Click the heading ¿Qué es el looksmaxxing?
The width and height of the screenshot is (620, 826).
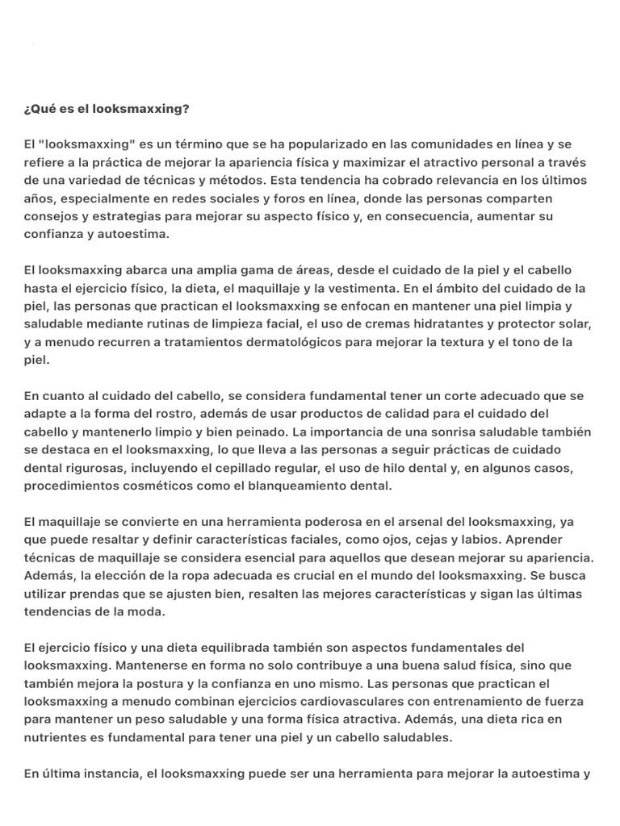click(107, 109)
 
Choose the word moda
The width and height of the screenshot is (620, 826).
click(150, 611)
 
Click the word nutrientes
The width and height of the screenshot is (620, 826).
click(56, 737)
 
